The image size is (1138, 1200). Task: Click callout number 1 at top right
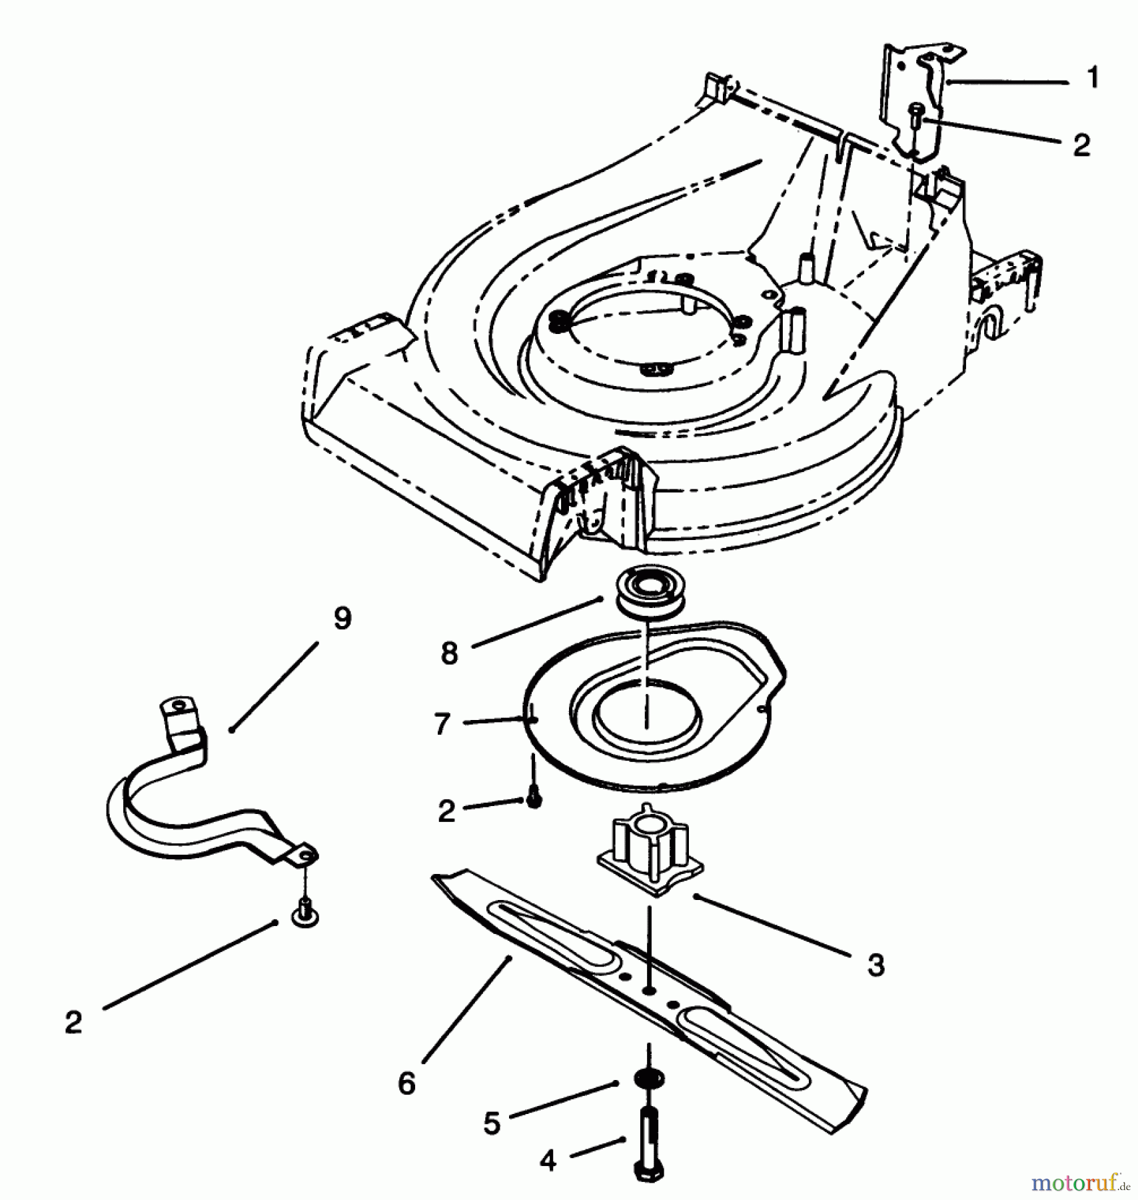1093,79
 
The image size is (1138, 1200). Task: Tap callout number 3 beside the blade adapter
876,964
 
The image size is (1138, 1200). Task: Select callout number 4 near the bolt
548,1162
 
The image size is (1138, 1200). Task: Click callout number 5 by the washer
492,1124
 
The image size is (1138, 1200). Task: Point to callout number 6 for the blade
406,1083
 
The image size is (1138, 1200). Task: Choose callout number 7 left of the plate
442,724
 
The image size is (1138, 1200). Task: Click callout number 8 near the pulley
450,653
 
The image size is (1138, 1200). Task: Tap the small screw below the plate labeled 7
534,800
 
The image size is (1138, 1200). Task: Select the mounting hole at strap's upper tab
178,705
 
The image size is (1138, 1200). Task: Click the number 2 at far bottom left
73,1022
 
